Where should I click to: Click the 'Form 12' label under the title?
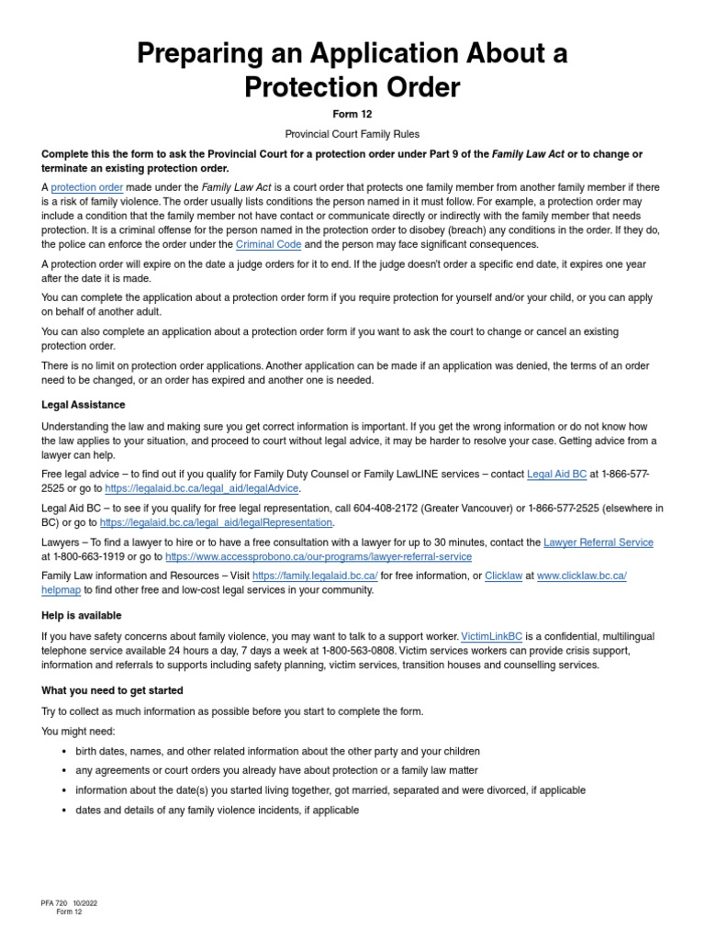click(x=352, y=115)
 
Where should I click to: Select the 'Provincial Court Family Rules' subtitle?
click(x=352, y=134)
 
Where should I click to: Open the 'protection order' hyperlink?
click(x=87, y=187)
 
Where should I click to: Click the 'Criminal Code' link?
click(x=268, y=244)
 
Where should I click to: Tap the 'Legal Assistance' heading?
click(x=84, y=405)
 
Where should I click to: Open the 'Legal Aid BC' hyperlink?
click(x=556, y=474)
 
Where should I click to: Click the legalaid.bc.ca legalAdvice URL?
click(x=202, y=488)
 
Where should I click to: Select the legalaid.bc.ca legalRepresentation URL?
click(x=216, y=522)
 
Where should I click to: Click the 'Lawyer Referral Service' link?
click(x=599, y=543)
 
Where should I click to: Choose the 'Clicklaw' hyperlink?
click(x=504, y=576)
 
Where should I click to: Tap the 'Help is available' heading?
click(x=82, y=616)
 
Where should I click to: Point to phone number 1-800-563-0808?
click(x=360, y=651)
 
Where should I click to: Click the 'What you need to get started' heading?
click(x=112, y=690)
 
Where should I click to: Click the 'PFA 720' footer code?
click(x=55, y=902)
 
